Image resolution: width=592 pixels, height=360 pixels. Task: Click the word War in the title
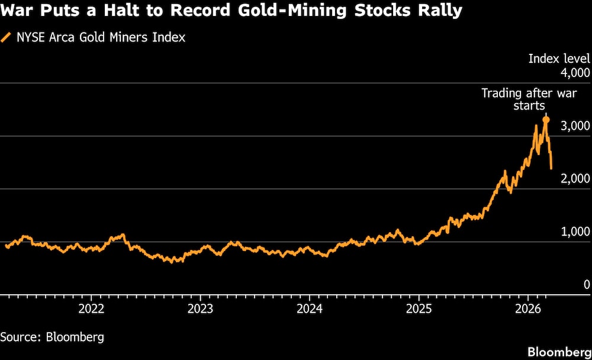(x=20, y=11)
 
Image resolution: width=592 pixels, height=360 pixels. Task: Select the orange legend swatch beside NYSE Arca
(x=7, y=37)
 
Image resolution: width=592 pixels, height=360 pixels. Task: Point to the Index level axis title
(x=559, y=59)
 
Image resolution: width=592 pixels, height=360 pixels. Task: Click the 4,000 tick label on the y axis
(x=575, y=73)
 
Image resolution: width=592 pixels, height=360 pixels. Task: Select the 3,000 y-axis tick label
(x=575, y=126)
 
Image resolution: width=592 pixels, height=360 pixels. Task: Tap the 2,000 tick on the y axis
(x=575, y=178)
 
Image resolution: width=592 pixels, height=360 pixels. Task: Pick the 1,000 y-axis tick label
(x=575, y=231)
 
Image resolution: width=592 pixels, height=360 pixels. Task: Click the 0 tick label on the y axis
(x=587, y=284)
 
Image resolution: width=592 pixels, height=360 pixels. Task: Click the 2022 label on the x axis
(x=92, y=308)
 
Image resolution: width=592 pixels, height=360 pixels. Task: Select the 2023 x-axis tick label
(x=201, y=308)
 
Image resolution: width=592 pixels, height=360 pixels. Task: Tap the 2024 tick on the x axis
(x=310, y=308)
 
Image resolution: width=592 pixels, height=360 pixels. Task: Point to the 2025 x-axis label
(x=419, y=308)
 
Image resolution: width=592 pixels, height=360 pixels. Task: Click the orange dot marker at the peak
(x=546, y=120)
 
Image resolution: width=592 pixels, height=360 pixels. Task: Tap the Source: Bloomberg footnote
(x=52, y=337)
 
